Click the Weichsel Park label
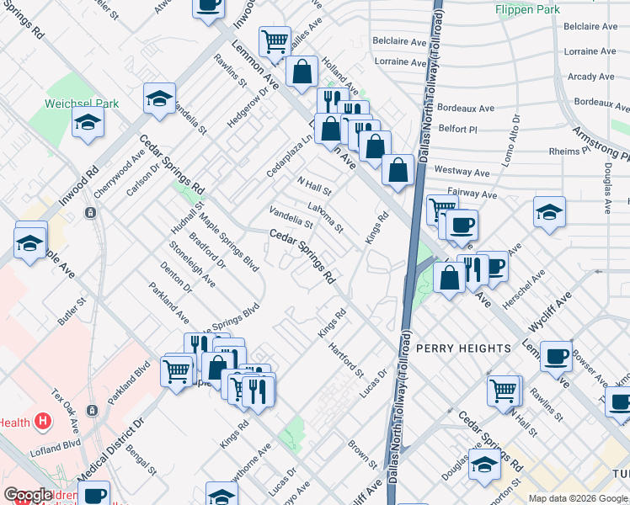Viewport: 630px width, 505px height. coord(82,104)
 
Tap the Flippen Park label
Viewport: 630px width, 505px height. coord(529,9)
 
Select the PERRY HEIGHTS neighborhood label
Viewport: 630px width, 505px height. coord(463,348)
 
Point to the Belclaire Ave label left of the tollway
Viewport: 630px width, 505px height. coord(400,40)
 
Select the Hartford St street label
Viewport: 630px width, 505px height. coord(346,360)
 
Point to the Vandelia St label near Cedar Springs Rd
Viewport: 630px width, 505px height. coord(291,218)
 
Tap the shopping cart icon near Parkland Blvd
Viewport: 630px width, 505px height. coord(177,369)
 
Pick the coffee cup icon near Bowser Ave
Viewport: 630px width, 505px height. coord(556,355)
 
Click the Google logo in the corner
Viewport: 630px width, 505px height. coord(28,496)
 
